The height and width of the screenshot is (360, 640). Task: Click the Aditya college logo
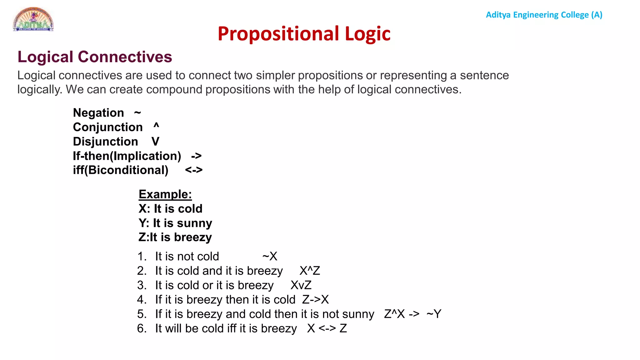(x=33, y=19)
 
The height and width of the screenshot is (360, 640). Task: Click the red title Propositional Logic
(x=304, y=34)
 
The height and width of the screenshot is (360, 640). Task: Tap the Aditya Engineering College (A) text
(x=544, y=15)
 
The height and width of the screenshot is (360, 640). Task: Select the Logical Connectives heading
(x=95, y=57)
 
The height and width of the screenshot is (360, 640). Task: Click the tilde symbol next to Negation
(x=137, y=112)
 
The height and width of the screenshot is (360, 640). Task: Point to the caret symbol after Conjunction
(x=156, y=126)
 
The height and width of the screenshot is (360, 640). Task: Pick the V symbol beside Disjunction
(x=155, y=142)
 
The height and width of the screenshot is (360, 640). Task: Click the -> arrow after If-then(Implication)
(x=196, y=156)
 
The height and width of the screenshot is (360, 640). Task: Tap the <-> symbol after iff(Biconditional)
(x=194, y=170)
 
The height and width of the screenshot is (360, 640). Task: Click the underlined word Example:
(x=165, y=194)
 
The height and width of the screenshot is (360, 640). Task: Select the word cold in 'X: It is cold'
(x=190, y=209)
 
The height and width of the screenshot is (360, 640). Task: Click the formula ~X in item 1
(x=270, y=257)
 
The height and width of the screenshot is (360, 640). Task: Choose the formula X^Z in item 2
(x=310, y=271)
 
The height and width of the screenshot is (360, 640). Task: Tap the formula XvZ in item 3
(x=301, y=285)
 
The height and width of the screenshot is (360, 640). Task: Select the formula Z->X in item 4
(x=315, y=300)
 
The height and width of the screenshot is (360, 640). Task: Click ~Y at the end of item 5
(x=434, y=314)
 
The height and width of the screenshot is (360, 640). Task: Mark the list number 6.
(x=142, y=328)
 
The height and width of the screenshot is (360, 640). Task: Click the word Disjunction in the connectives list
(x=105, y=142)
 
